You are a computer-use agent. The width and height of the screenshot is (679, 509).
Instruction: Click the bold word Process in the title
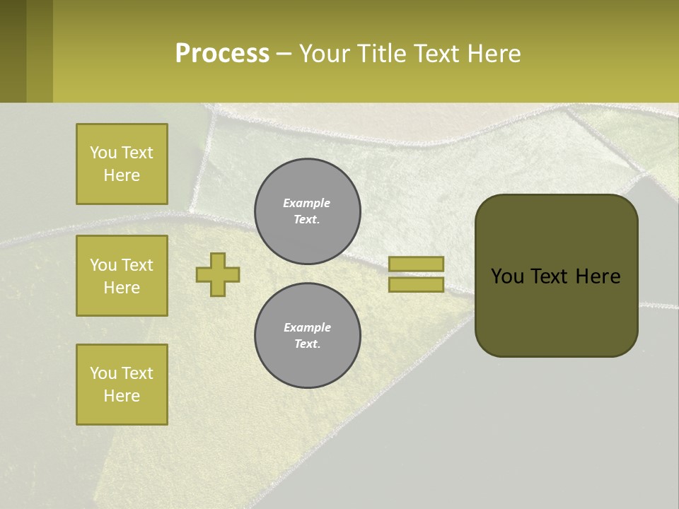222,54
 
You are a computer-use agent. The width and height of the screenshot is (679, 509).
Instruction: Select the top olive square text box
122,164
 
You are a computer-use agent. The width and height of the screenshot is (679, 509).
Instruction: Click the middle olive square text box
122,276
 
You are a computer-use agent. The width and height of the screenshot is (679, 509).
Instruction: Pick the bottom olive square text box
122,385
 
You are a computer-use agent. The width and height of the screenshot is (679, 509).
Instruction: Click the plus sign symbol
218,274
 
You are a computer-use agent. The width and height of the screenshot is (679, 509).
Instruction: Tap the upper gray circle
308,211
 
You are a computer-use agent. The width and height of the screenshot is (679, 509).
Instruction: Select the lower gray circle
308,335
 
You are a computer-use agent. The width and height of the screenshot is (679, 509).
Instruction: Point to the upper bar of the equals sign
417,264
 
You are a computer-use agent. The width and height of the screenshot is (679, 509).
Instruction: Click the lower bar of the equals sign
417,284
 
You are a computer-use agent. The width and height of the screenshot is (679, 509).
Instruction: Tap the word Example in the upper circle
306,203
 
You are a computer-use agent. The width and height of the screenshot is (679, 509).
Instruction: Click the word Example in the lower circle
307,327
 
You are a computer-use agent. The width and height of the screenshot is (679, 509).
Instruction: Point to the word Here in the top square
122,175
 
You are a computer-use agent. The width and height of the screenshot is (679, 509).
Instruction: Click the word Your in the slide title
323,54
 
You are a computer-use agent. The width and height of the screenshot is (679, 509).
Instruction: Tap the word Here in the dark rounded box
598,276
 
